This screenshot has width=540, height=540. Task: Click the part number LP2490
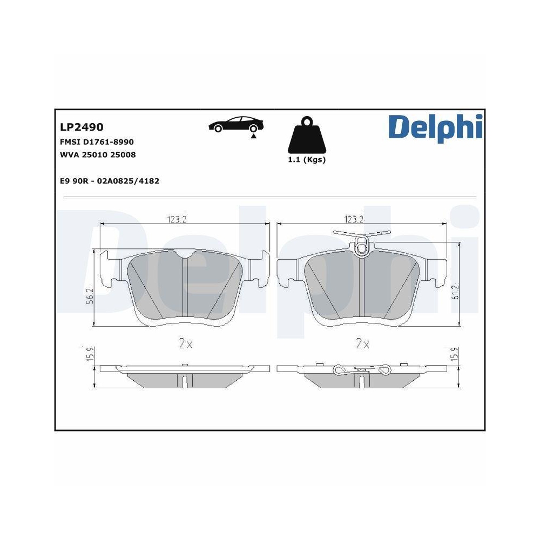[82, 127]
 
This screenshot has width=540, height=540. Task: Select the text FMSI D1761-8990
[97, 141]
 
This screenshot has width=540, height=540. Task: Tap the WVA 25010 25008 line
[98, 154]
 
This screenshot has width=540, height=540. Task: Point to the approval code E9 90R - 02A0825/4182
[110, 181]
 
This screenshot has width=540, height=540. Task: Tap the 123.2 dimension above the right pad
[354, 219]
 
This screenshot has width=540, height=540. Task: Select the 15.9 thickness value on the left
[90, 354]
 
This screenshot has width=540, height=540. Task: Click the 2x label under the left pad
[185, 344]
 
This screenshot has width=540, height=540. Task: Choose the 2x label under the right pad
[362, 344]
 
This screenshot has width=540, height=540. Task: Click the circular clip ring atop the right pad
[361, 248]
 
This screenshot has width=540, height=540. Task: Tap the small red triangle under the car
[253, 137]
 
